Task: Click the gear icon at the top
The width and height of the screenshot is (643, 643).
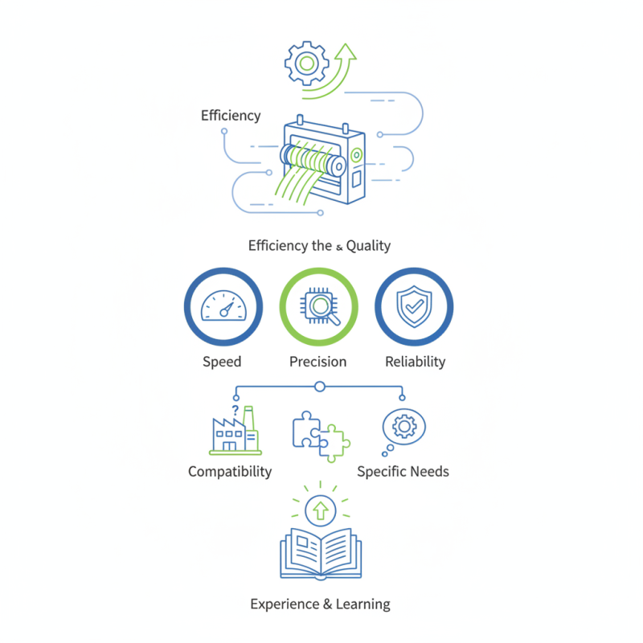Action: [307, 63]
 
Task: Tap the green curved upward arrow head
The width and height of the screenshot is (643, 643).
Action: [346, 52]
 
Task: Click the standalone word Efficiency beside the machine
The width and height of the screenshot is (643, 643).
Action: [231, 116]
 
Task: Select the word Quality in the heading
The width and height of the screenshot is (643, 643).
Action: [368, 246]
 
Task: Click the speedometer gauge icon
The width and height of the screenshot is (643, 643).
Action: [223, 305]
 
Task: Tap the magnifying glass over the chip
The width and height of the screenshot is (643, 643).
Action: [324, 309]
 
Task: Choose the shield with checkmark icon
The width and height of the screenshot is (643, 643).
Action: [414, 306]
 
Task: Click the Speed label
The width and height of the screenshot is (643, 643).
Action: [222, 362]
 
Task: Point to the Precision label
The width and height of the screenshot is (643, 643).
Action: [317, 362]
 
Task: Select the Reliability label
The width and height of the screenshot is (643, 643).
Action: [416, 362]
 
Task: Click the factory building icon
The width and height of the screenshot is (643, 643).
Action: [235, 431]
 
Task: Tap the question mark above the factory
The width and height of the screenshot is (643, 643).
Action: [235, 410]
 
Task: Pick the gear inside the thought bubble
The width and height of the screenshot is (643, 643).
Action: [404, 427]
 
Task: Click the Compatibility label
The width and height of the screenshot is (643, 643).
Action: [230, 472]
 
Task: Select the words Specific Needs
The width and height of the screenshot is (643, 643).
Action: [403, 472]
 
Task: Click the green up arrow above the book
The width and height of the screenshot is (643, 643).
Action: [320, 511]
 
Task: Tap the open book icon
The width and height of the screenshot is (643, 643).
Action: [321, 554]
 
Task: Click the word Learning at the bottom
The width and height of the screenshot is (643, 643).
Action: [363, 604]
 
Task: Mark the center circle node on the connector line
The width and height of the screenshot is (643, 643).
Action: [320, 387]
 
